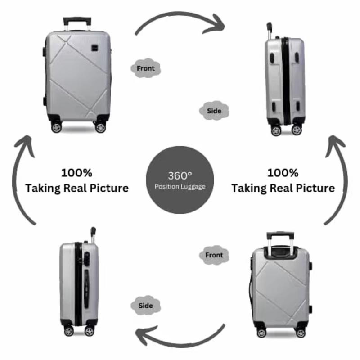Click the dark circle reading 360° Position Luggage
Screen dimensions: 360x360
pos(180,180)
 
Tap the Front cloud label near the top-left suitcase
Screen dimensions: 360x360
pos(145,68)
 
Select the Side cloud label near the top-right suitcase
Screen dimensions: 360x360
pos(213,111)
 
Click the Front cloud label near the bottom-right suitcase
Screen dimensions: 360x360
pos(214,255)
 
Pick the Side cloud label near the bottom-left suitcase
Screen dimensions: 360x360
pos(145,306)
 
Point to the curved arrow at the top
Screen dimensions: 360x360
pos(180,20)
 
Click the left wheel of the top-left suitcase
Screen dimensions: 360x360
pos(56,127)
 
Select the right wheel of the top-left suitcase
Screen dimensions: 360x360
pos(100,127)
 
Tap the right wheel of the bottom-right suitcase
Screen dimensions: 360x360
pos(300,333)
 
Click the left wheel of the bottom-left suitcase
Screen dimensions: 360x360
pos(68,331)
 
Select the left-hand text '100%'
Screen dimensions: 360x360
pos(77,173)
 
